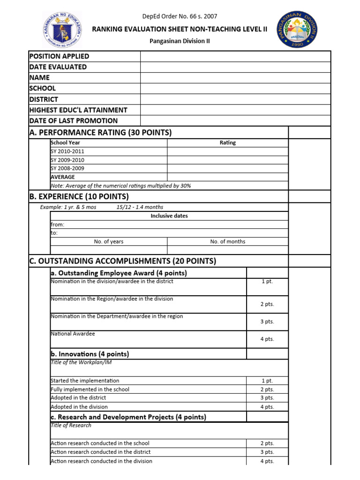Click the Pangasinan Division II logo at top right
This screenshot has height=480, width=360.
click(303, 29)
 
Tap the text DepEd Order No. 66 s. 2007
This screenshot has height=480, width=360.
click(180, 16)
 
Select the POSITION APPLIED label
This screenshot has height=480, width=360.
click(59, 56)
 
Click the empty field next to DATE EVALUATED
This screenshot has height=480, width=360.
click(235, 67)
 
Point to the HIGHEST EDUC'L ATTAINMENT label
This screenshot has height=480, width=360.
click(78, 110)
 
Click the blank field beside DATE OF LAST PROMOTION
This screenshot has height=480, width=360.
click(235, 121)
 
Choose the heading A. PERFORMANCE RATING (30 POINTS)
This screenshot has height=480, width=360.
click(100, 133)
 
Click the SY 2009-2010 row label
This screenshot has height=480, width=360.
click(67, 160)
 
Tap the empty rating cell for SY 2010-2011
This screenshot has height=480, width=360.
click(227, 151)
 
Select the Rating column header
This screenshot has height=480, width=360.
click(227, 143)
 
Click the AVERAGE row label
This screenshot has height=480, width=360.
click(62, 177)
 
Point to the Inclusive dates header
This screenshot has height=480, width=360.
click(169, 216)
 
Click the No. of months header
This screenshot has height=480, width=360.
click(227, 242)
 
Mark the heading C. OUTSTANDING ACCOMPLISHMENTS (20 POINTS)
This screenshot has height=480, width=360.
click(122, 261)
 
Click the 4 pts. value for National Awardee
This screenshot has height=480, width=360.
click(267, 339)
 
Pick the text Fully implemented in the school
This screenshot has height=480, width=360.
click(90, 390)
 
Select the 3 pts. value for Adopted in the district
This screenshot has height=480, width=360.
click(267, 398)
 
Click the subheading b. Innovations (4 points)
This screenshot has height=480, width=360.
click(90, 354)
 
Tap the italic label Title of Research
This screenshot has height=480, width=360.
click(71, 425)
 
